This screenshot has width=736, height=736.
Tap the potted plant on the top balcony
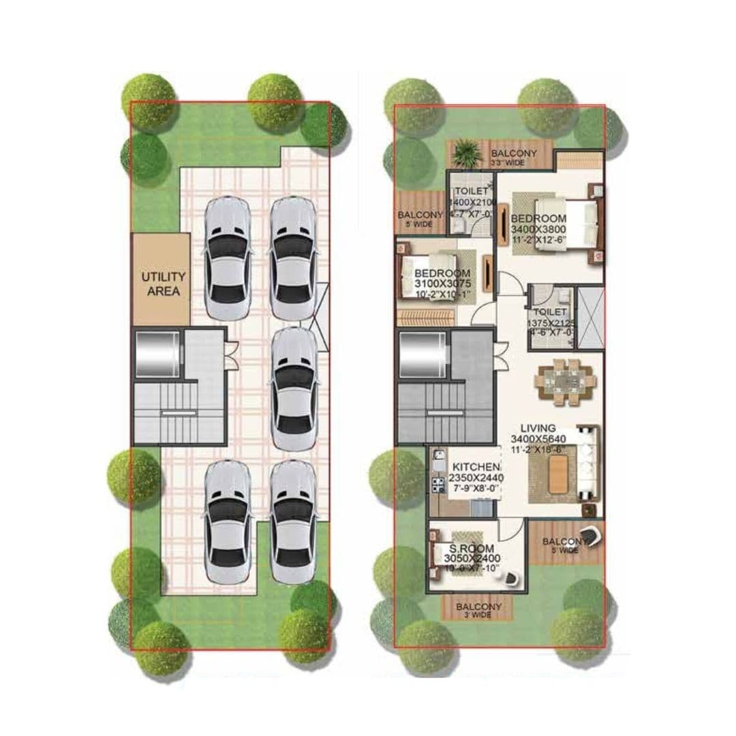point(467,151)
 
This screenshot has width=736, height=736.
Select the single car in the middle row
point(294,387)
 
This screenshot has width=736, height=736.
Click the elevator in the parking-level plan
point(157,354)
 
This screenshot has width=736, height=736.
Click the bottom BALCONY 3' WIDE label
point(478,610)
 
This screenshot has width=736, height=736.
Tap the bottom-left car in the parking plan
point(228,521)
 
